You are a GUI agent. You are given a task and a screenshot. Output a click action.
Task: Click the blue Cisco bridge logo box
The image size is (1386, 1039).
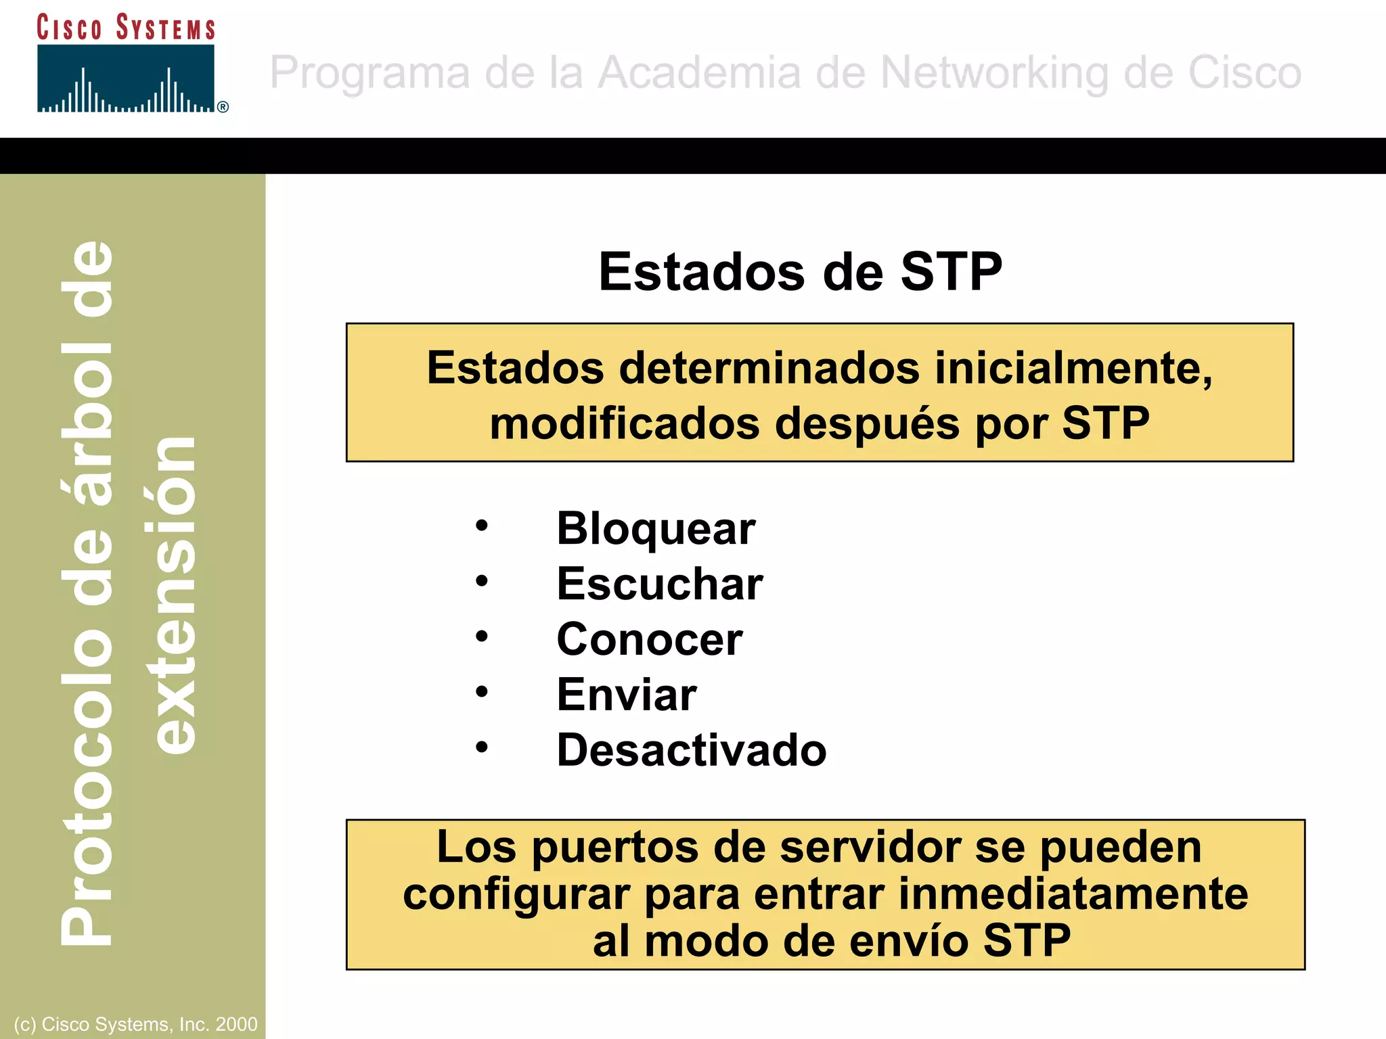point(126,78)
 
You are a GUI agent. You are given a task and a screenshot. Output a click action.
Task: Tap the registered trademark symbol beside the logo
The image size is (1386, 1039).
point(223,107)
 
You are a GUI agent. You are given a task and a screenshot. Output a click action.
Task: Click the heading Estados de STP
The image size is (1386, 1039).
point(800,272)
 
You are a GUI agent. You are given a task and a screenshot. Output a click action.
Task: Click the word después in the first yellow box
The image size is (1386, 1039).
point(868,424)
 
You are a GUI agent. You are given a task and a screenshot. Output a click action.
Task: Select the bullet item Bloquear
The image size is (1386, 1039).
point(655,528)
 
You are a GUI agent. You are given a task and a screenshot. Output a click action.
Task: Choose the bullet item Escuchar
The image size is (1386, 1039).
point(659,584)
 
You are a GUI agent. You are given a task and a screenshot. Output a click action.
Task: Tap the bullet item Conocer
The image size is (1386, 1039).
point(649,639)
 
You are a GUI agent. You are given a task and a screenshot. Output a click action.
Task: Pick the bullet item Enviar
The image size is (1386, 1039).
point(626,695)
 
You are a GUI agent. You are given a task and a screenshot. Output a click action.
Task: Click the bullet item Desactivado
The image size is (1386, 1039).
point(691,750)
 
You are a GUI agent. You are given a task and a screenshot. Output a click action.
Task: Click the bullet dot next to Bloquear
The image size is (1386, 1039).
point(481,526)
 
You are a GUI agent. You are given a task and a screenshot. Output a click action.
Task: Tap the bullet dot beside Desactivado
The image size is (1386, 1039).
point(481,747)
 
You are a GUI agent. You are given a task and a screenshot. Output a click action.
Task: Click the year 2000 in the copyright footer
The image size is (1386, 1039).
point(236,1024)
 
